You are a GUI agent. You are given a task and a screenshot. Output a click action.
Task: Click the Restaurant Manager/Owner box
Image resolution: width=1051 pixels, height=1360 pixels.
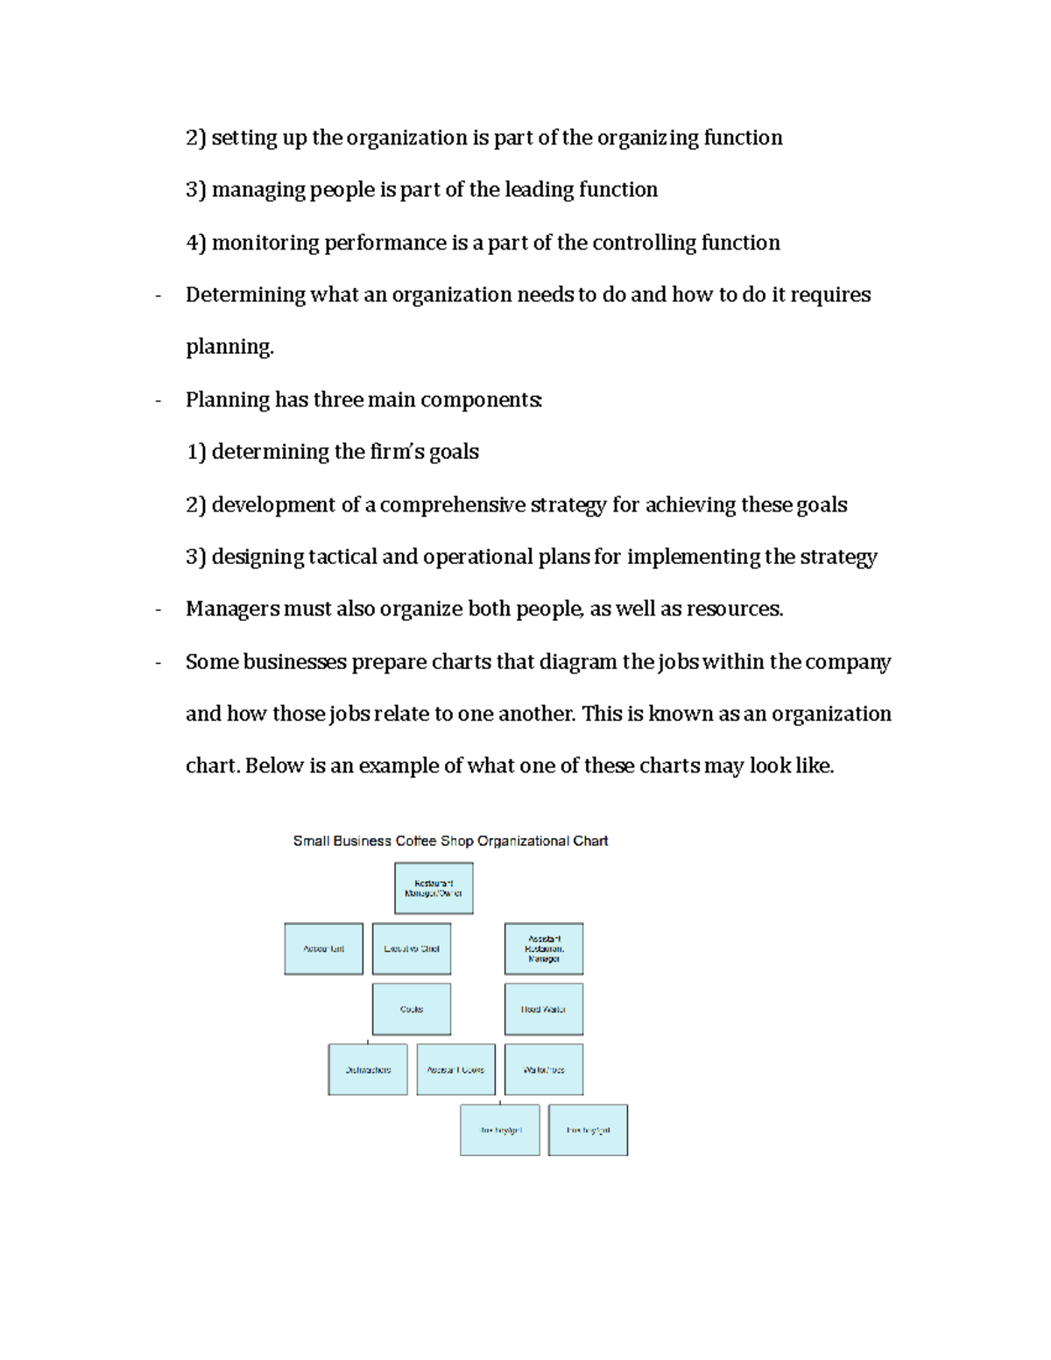click(x=434, y=888)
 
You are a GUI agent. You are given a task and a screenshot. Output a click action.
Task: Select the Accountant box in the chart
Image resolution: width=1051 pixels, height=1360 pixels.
click(x=323, y=948)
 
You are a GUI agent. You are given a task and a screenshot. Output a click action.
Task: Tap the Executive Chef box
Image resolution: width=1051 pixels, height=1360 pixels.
click(x=412, y=948)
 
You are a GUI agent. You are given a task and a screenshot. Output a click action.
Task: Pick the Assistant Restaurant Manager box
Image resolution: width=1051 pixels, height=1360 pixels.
click(x=544, y=948)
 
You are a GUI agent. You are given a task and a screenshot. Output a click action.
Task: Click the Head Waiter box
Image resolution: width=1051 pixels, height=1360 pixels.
click(x=544, y=1009)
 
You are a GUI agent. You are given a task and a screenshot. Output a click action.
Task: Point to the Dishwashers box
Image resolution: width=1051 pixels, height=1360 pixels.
click(x=368, y=1069)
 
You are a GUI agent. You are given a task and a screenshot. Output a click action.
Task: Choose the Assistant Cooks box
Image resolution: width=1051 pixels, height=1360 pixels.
click(x=455, y=1069)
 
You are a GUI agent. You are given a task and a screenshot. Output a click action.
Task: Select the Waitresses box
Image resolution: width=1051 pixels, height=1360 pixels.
click(x=544, y=1069)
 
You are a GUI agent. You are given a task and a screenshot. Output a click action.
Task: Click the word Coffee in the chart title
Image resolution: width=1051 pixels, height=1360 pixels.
click(x=416, y=841)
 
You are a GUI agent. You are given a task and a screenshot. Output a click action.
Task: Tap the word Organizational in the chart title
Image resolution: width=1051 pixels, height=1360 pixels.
click(x=523, y=841)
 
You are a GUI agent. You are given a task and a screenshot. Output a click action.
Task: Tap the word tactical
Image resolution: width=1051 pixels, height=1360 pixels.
click(x=342, y=557)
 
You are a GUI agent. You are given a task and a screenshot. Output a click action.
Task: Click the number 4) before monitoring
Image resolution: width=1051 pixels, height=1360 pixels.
click(x=195, y=243)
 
